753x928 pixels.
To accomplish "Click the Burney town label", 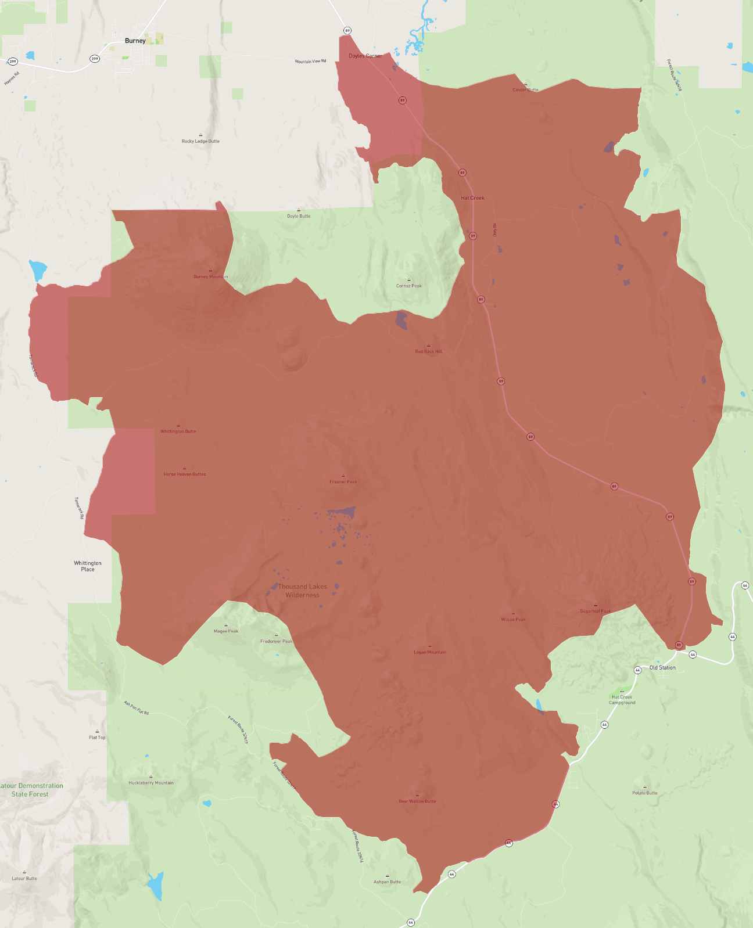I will (x=135, y=41).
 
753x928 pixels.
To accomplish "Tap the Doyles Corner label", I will (x=365, y=56).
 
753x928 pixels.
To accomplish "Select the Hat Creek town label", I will (x=472, y=198).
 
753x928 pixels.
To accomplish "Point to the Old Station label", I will (x=662, y=668).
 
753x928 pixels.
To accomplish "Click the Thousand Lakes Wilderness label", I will (x=302, y=591).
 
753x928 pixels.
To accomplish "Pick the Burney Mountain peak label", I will (x=210, y=276).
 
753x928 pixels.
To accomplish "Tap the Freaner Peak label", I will (x=343, y=481).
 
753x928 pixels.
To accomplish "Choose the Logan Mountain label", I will (x=430, y=652).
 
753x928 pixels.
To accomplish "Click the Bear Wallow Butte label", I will (x=417, y=801).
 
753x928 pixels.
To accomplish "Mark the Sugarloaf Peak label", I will (x=595, y=611).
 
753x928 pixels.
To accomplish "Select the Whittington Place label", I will (x=88, y=566).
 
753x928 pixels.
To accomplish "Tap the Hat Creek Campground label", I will (x=622, y=700).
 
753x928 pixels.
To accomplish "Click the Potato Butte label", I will (x=645, y=793).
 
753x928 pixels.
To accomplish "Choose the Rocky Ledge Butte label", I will (x=200, y=141).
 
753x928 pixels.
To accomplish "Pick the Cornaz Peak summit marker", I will (x=409, y=280).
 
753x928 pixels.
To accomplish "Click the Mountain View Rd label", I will (x=310, y=61).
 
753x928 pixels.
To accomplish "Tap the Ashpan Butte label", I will (x=387, y=882).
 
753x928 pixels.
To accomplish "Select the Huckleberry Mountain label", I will (x=151, y=783).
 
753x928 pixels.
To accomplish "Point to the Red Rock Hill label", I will (x=429, y=351).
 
